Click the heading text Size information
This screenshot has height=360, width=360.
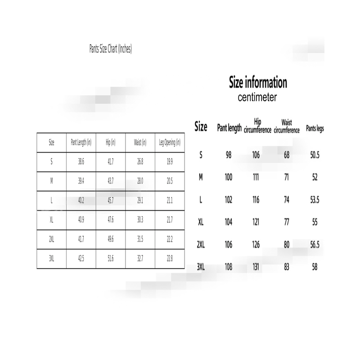click(258, 83)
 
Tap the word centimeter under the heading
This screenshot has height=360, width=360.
click(257, 97)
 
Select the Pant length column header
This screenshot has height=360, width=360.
click(229, 128)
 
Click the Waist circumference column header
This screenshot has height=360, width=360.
click(287, 126)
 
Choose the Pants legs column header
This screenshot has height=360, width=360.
click(315, 128)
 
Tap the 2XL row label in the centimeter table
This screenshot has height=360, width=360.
click(201, 245)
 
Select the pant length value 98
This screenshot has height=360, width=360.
click(229, 155)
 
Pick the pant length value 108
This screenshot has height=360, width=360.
click(229, 266)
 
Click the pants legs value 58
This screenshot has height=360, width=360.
click(315, 266)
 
